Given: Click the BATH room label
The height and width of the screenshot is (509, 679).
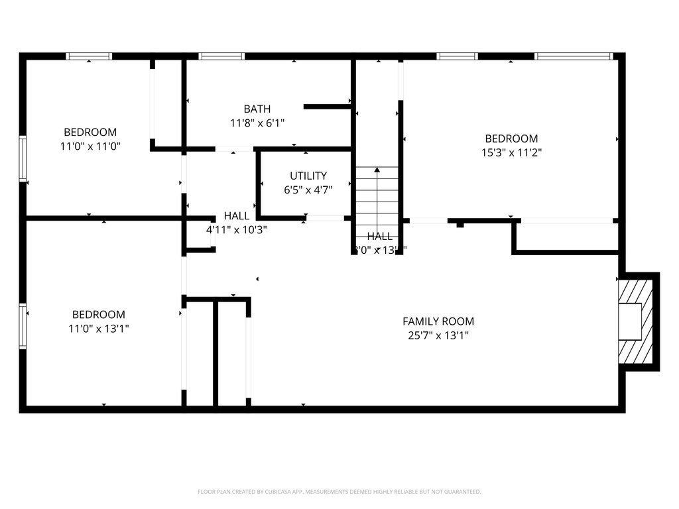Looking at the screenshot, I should pos(257,109).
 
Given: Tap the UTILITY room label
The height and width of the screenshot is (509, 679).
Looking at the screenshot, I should pos(308,176).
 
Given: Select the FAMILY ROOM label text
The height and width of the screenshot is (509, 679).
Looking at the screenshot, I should pos(438,321).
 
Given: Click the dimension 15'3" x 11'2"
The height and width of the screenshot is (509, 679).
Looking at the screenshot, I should pos(511,152).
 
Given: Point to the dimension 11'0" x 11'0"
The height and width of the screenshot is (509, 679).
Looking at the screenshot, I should pos(90,146).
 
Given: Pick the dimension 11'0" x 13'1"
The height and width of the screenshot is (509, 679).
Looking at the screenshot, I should pos(99,328).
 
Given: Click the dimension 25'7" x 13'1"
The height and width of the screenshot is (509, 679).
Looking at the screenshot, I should pos(438,335).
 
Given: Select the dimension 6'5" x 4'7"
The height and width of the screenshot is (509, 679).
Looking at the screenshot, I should pos(308,190).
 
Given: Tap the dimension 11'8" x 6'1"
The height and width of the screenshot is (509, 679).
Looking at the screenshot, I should pos(257,123).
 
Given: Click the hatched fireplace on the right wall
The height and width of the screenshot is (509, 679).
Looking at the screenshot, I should pos(637,321).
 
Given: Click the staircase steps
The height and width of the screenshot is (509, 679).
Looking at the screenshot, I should pos(377,199).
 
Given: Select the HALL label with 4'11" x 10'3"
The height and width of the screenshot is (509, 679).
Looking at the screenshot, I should pos(237,216).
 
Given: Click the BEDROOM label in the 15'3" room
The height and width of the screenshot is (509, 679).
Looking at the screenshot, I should pos(511,139).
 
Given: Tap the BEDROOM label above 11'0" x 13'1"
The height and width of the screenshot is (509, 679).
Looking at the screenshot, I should pos(99,314).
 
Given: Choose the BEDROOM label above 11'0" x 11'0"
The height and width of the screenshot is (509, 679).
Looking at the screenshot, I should pos(90,132).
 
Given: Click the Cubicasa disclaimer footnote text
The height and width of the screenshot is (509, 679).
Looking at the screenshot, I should pos(339,492).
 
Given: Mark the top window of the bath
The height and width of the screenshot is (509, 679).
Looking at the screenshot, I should pos(222,56).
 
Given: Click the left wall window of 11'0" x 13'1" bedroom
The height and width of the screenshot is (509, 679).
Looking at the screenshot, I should pos(23,325).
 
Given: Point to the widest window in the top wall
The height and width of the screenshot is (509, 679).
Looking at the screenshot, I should pos(574,56).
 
